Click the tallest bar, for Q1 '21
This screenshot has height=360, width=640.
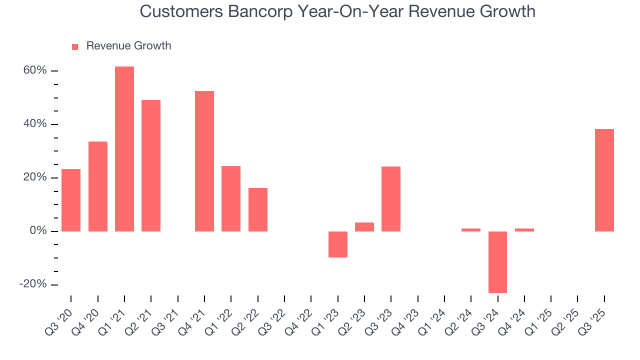coord(124,149)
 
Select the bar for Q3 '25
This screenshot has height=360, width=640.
coord(604,180)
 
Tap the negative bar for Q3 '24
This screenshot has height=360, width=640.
coord(497,262)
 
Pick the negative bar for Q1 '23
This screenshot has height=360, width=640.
coord(338,244)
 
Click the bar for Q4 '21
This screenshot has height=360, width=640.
coord(204,161)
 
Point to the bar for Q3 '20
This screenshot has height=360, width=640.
coord(71,200)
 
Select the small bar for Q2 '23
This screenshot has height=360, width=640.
coord(364,227)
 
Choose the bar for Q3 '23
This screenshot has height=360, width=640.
coord(391,199)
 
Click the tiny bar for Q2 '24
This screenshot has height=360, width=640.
coord(471,230)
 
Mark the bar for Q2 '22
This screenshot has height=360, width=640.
coord(258,209)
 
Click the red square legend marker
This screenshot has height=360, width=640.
coord(75,47)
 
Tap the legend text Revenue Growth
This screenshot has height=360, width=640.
coord(128,46)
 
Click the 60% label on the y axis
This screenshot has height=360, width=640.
coord(35,70)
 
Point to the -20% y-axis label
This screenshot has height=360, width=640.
coord(33,284)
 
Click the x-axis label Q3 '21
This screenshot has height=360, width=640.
coord(168,320)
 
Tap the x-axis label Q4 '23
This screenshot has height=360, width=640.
coord(408,320)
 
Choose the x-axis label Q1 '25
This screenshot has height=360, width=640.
coord(541,320)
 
